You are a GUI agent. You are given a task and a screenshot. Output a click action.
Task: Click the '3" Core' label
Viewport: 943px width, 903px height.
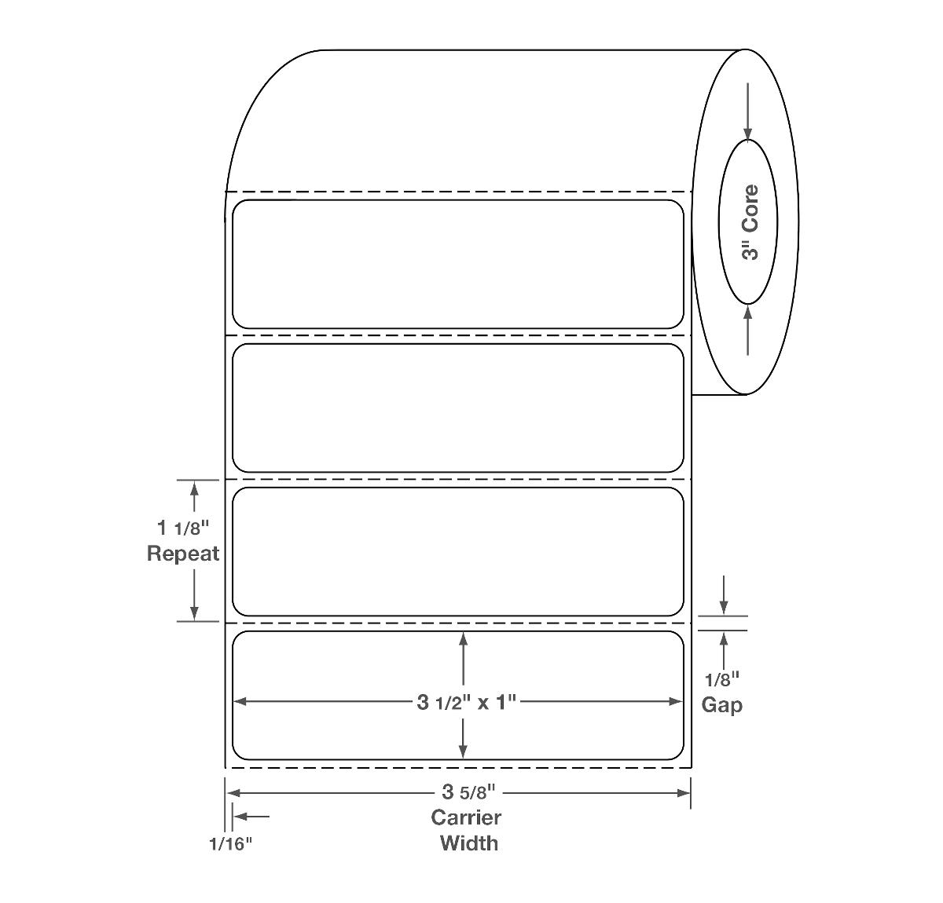pyautogui.click(x=750, y=222)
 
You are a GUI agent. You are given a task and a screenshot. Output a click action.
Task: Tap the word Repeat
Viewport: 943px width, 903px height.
pyautogui.click(x=182, y=554)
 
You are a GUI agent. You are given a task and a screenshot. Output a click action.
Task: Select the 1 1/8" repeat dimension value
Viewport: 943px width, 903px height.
pyautogui.click(x=183, y=528)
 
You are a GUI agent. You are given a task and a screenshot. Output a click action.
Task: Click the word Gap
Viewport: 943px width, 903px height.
pyautogui.click(x=721, y=704)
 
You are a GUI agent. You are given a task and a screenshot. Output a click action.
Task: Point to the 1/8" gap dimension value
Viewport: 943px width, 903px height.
pyautogui.click(x=722, y=680)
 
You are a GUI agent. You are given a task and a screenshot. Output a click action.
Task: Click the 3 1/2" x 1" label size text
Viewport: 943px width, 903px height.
pyautogui.click(x=467, y=702)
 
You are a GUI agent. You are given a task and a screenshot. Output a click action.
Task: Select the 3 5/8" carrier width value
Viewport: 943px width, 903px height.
pyautogui.click(x=468, y=792)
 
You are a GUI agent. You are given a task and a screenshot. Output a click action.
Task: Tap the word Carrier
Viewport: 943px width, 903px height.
pyautogui.click(x=466, y=817)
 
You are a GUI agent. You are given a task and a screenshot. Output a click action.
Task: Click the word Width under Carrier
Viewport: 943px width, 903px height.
pyautogui.click(x=468, y=843)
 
